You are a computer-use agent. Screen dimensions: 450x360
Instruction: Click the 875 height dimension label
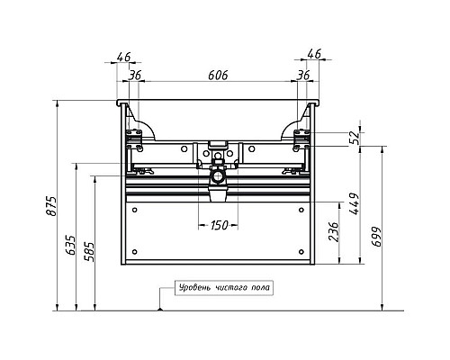[51, 206]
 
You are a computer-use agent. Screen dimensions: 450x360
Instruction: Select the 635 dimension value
[71, 245]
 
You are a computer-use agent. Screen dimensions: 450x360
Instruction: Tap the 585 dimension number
[89, 251]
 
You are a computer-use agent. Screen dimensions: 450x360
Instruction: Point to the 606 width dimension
[218, 76]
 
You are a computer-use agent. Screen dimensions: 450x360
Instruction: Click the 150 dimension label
[220, 225]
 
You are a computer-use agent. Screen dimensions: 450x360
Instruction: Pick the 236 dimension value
[333, 231]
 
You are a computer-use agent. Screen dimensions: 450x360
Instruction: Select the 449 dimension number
[354, 203]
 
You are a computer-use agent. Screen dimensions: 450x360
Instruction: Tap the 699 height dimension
[376, 237]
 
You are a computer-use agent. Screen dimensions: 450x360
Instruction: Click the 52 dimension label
[355, 138]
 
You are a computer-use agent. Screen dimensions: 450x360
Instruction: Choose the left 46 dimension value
[124, 57]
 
